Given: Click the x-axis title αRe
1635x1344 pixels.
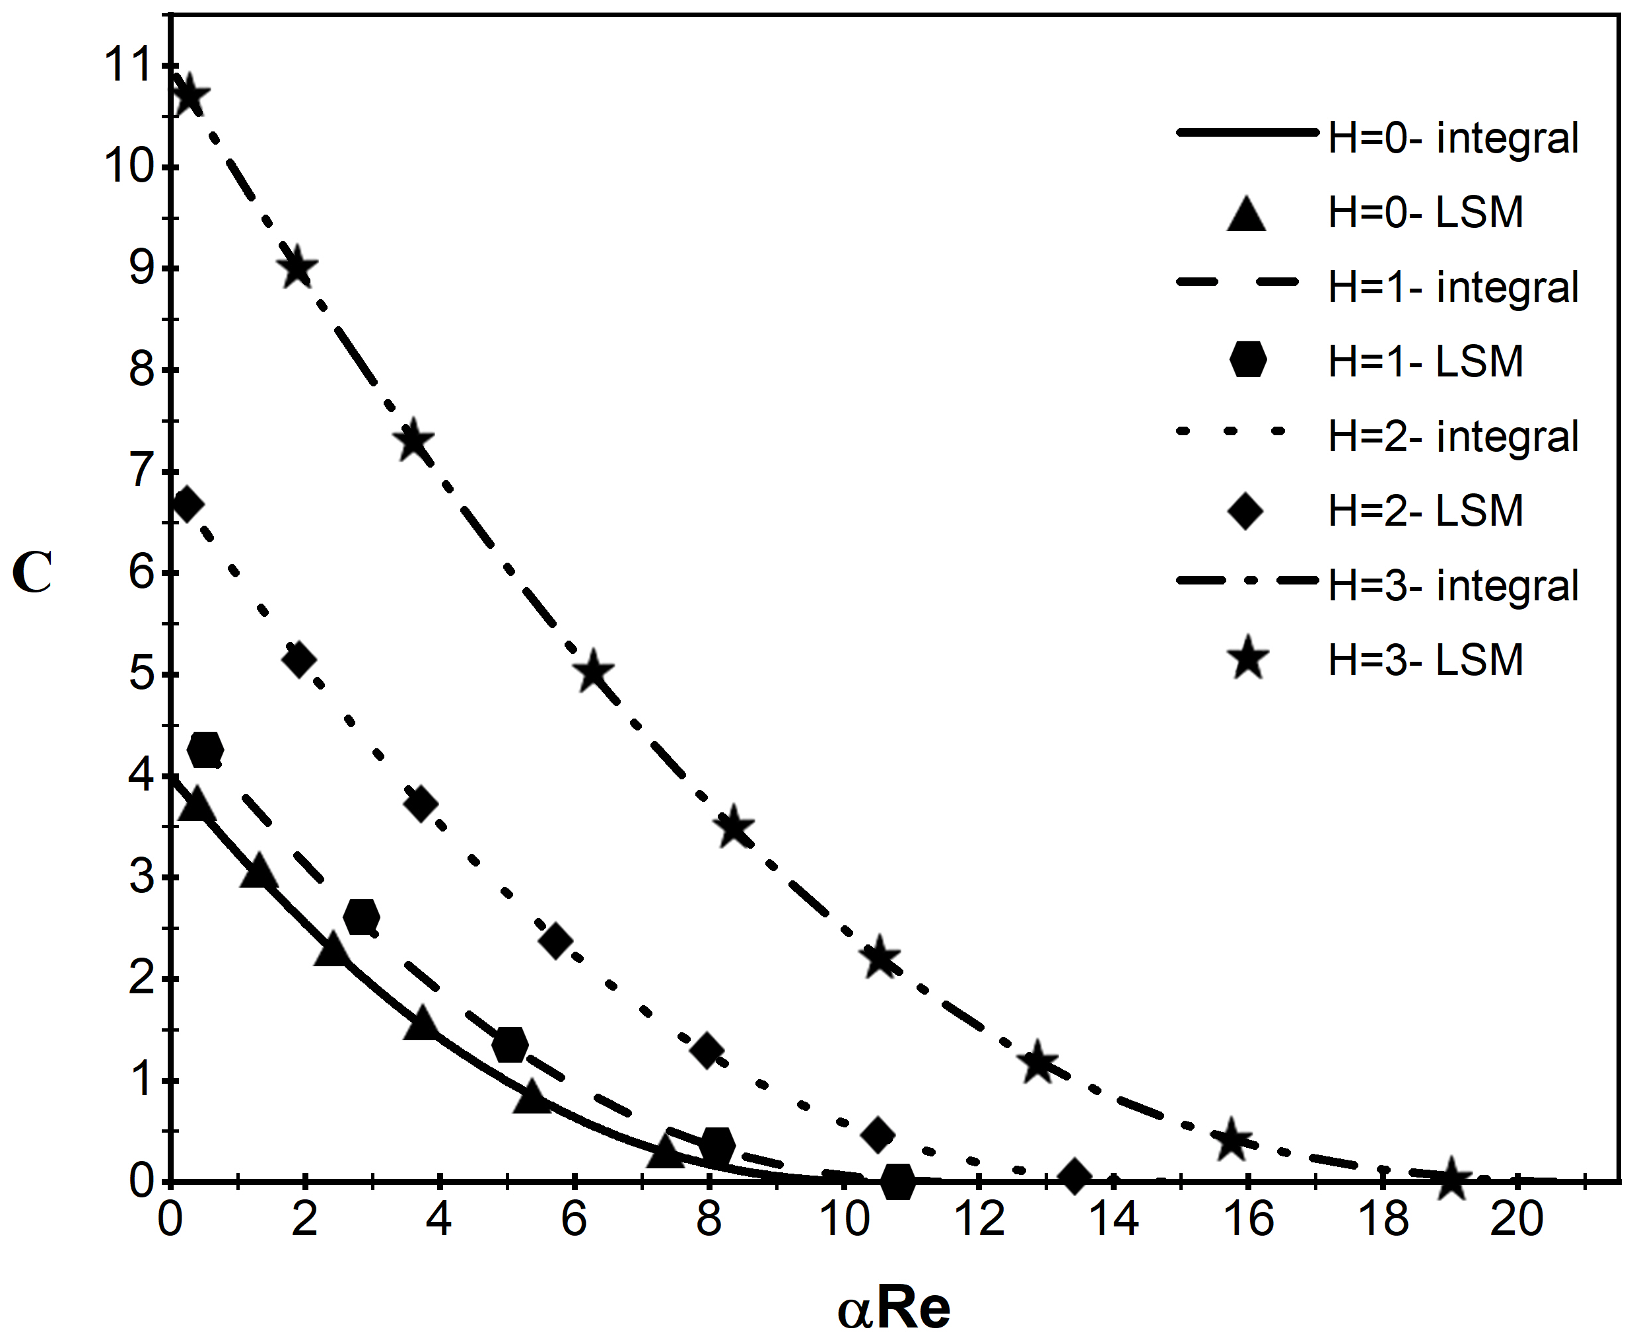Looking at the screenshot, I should [x=893, y=1308].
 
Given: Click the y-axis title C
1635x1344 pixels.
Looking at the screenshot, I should [x=32, y=574].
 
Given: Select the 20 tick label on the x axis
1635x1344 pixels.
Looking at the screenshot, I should [x=1517, y=1219].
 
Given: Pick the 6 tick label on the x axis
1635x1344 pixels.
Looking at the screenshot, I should [x=574, y=1219].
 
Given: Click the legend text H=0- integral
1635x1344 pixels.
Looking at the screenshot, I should [x=1453, y=138].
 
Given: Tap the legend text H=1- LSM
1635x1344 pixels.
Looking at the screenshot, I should [x=1425, y=361].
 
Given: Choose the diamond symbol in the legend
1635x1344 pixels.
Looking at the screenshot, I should [x=1245, y=511].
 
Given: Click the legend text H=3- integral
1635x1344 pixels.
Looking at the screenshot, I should [x=1453, y=585].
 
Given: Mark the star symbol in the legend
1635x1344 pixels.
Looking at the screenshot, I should [x=1248, y=660].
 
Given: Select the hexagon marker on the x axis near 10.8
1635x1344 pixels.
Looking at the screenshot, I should [x=898, y=1182].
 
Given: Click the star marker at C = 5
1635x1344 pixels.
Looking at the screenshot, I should [x=594, y=672].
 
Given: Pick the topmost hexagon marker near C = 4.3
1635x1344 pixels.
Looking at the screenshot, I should [x=206, y=749].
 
